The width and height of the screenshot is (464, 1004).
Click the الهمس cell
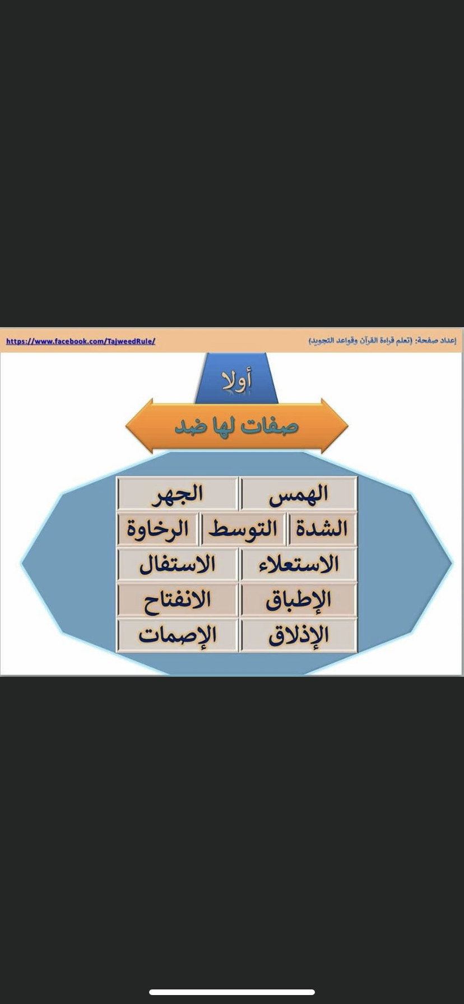(x=299, y=494)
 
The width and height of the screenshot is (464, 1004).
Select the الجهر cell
(x=178, y=494)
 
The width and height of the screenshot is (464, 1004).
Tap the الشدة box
(x=322, y=529)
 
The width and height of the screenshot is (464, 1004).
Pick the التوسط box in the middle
(x=243, y=529)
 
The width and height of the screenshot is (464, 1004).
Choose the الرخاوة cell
(x=157, y=529)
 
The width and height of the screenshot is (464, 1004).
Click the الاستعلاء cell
(x=299, y=564)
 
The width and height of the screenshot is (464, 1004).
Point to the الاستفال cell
(x=178, y=564)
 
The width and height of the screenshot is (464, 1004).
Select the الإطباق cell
(x=299, y=600)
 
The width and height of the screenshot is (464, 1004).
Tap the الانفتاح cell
(x=178, y=600)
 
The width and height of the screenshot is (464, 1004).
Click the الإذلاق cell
(x=299, y=635)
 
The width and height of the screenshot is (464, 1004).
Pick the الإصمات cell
(x=178, y=635)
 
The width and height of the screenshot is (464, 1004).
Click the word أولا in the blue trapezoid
(x=236, y=381)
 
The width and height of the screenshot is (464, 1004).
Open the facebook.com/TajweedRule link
(x=81, y=341)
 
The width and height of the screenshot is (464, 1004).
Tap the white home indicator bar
(x=232, y=992)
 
